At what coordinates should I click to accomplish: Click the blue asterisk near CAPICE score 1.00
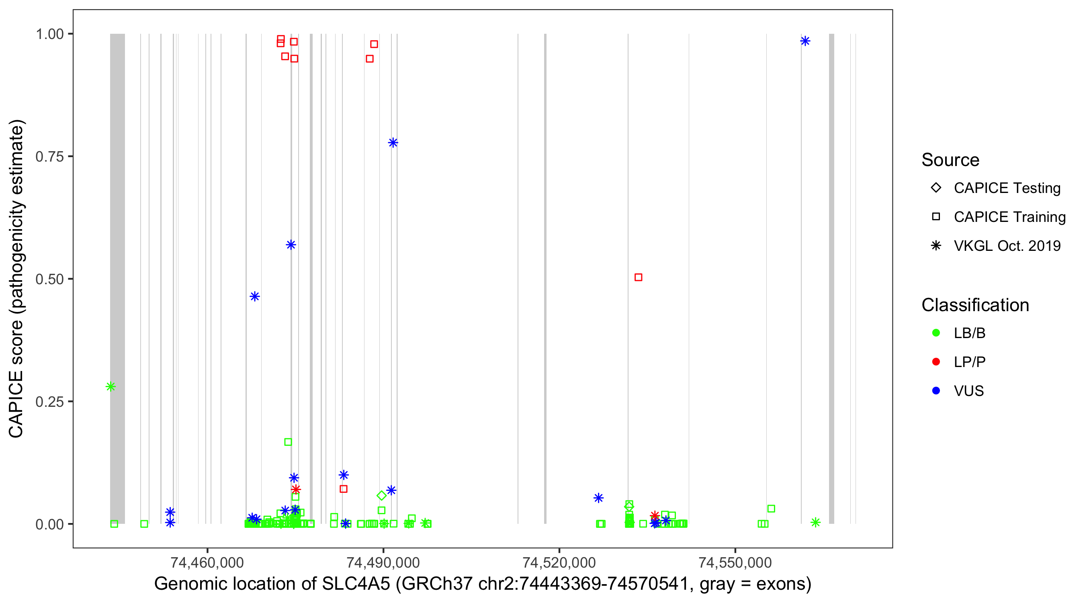(805, 41)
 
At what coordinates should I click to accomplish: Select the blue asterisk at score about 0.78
(393, 142)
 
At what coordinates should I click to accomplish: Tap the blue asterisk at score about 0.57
(291, 245)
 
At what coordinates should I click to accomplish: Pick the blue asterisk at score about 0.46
(254, 296)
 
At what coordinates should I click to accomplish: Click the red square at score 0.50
(638, 277)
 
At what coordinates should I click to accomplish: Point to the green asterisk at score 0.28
(111, 386)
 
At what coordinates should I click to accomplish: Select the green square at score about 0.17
(288, 442)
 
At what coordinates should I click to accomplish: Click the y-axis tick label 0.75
(49, 156)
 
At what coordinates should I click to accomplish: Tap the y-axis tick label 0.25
(49, 402)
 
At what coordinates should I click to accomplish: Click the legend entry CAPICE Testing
(1007, 188)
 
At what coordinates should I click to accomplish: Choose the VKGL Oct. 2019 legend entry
(1007, 246)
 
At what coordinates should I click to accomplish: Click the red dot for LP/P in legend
(936, 362)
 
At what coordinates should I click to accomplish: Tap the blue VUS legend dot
(936, 391)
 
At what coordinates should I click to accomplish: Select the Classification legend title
(975, 305)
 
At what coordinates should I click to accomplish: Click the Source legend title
(950, 160)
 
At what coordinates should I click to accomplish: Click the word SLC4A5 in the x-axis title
(356, 584)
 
